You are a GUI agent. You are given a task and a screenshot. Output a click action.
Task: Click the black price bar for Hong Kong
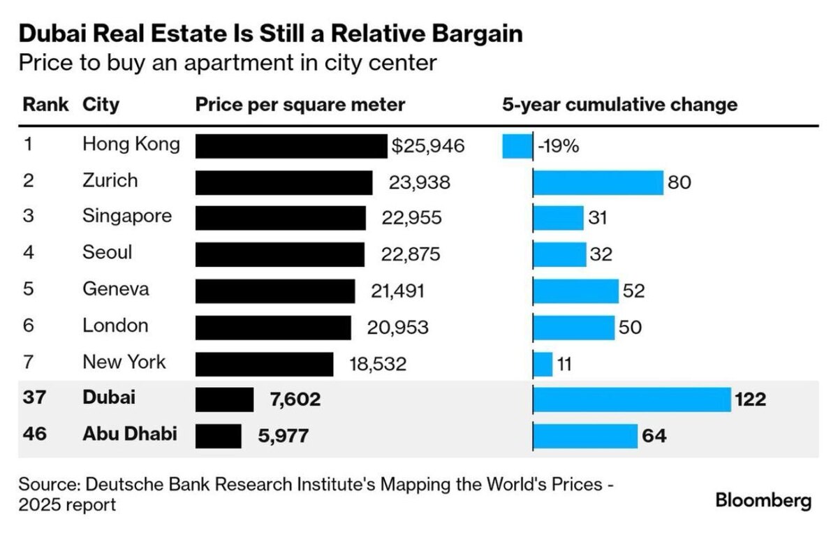[x=291, y=146]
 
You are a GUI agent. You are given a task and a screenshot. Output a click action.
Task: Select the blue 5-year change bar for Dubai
[x=631, y=400]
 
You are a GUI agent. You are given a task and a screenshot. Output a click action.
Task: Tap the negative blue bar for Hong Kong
[x=517, y=146]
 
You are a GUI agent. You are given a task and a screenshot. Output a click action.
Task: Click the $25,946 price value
[x=427, y=146]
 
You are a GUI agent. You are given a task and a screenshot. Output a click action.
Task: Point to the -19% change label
[x=558, y=147]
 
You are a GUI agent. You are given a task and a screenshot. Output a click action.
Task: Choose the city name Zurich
[x=110, y=181]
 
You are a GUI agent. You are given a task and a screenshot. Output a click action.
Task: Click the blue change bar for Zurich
[x=598, y=182]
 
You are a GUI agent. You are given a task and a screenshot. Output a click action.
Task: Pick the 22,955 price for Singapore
[x=412, y=218]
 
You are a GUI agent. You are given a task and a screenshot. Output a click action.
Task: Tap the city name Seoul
[x=107, y=251]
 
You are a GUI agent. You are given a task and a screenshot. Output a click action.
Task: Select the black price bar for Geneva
[x=275, y=291]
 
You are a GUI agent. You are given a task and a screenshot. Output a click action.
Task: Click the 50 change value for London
[x=630, y=327]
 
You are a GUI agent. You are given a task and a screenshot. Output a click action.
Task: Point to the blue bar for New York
[x=543, y=363]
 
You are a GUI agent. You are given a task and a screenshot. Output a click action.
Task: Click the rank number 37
[x=34, y=398]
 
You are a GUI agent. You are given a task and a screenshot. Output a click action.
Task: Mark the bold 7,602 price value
[x=295, y=400]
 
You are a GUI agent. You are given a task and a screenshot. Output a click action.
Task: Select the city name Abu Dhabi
[x=129, y=434]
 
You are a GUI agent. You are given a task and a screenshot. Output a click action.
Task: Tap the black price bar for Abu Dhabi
[x=218, y=436]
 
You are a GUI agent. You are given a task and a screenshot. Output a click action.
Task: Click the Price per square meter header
[x=300, y=105]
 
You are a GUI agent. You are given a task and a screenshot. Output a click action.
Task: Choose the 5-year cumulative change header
[x=619, y=105]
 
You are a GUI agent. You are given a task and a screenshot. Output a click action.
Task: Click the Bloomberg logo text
[x=763, y=500]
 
